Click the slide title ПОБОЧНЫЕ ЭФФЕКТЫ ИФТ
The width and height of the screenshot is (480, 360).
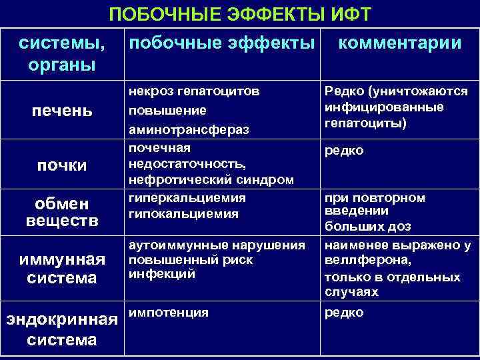240,14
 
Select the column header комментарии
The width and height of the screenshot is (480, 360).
400,43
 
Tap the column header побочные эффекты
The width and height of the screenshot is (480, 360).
221,43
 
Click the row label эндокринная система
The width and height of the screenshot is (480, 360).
62,329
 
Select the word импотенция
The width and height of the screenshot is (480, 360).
169,312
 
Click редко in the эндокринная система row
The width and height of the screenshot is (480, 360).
344,312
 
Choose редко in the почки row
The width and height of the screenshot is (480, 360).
344,151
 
